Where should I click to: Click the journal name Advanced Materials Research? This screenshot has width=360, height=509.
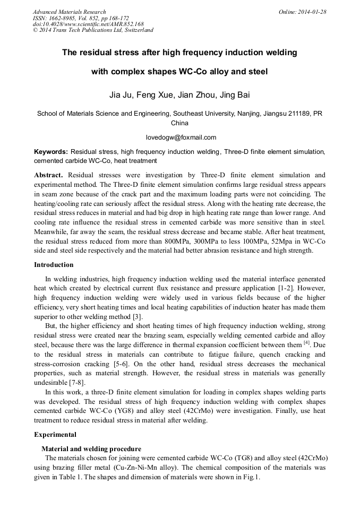tap(69, 12)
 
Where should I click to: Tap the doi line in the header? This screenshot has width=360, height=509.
tap(88, 24)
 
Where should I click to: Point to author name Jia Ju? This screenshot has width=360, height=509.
tap(119, 95)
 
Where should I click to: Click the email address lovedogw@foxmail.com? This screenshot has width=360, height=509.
tap(181, 137)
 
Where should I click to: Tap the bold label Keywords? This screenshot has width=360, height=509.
tap(51, 151)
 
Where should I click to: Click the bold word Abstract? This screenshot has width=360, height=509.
tap(48, 175)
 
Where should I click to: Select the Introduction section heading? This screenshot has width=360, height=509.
tap(54, 265)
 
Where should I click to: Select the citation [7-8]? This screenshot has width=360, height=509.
tap(74, 383)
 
